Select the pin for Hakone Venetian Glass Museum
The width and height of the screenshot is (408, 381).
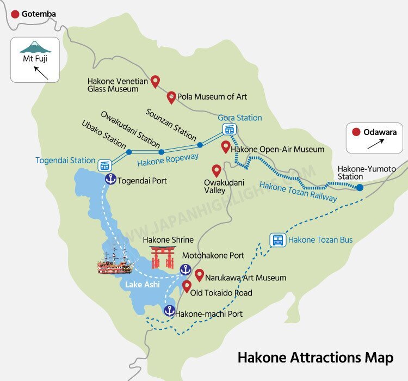click(155, 82)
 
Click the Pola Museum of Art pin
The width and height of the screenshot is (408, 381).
click(171, 97)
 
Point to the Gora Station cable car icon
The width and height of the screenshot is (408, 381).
click(230, 130)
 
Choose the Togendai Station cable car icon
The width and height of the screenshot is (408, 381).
click(104, 165)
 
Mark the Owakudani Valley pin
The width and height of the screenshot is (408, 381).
click(216, 170)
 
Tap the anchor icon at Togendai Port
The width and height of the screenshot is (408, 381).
click(110, 180)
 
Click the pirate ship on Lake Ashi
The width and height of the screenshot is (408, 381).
click(115, 260)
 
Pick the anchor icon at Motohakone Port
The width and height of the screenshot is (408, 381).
click(186, 269)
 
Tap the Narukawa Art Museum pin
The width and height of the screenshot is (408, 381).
click(199, 275)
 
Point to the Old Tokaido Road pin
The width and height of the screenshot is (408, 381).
click(187, 287)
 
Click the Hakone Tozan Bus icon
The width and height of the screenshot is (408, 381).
click(277, 240)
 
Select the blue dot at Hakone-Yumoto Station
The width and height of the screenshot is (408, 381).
click(360, 187)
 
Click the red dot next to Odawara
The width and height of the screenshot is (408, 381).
click(356, 132)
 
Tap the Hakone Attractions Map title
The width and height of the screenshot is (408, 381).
click(315, 358)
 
